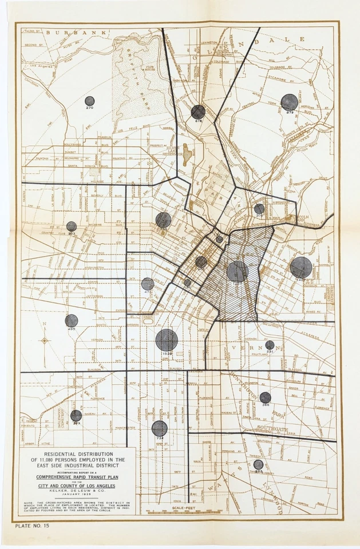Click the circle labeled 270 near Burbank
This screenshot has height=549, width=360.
[89, 101]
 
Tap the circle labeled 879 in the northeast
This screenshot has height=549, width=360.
[289, 102]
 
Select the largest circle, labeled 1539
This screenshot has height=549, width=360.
[167, 340]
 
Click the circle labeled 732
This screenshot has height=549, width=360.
[160, 428]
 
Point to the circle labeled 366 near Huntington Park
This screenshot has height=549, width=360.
[265, 397]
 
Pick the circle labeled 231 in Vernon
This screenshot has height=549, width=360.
[270, 345]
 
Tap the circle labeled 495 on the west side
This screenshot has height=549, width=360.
[71, 321]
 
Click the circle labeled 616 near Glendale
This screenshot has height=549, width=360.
[198, 112]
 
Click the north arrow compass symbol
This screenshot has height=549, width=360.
[45, 341]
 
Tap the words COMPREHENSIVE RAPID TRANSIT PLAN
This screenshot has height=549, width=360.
[78, 476]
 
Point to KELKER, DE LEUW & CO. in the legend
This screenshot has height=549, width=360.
[78, 491]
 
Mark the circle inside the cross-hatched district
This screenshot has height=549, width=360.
[238, 272]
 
